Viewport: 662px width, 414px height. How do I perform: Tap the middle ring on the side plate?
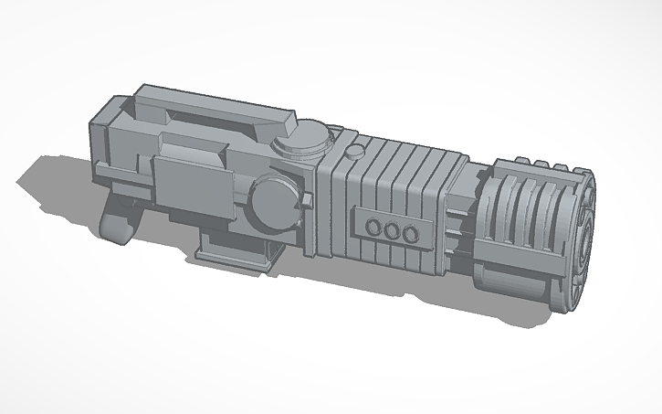[x=393, y=232]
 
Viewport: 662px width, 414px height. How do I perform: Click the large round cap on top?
[x=301, y=140]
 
